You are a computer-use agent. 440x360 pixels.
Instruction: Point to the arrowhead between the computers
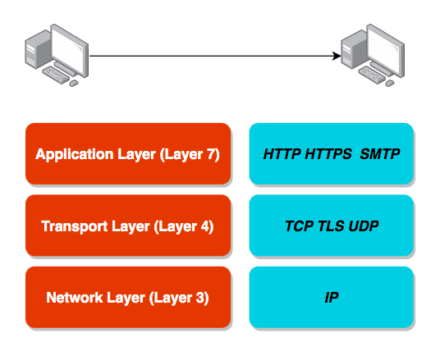click(x=337, y=57)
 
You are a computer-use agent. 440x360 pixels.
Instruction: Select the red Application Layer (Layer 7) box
click(x=127, y=153)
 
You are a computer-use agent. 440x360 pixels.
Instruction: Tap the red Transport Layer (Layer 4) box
click(x=127, y=226)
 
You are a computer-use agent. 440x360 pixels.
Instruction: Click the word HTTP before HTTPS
click(x=282, y=153)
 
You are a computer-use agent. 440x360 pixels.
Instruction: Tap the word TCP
click(x=300, y=226)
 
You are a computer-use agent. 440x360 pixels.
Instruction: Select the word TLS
click(x=332, y=226)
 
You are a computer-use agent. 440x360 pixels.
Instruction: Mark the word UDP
click(x=363, y=226)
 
